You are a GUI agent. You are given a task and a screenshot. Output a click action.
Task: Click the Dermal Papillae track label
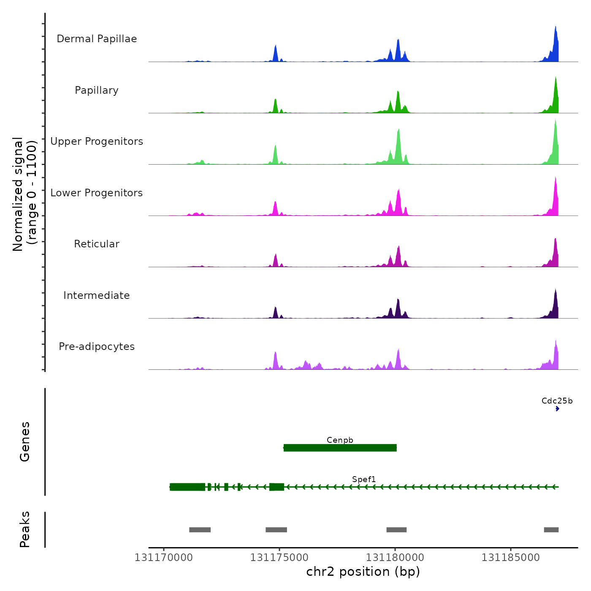click(97, 39)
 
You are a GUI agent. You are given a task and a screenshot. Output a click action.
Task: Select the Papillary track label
click(97, 90)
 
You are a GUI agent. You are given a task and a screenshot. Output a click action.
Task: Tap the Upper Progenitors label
click(97, 141)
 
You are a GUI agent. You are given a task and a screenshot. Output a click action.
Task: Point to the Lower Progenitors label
click(97, 193)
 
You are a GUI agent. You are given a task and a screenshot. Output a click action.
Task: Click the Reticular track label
click(97, 244)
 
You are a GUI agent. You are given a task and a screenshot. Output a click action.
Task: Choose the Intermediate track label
click(97, 295)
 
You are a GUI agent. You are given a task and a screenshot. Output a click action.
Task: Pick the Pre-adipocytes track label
click(97, 347)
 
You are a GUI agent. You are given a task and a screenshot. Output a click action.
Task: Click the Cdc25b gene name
click(557, 401)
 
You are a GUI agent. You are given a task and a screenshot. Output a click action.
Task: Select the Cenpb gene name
click(340, 440)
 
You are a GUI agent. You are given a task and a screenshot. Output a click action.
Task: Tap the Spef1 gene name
click(364, 479)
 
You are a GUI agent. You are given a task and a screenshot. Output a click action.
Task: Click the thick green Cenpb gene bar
click(340, 448)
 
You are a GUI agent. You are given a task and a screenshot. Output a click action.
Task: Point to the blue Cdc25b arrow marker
click(557, 409)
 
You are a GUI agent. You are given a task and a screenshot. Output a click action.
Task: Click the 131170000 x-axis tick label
click(164, 558)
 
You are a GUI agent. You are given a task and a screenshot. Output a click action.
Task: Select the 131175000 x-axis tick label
click(279, 558)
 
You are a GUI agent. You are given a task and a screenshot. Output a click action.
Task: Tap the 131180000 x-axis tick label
click(395, 558)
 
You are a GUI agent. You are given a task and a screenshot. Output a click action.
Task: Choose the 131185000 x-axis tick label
click(511, 558)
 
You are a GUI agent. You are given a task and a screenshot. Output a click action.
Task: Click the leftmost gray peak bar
click(200, 530)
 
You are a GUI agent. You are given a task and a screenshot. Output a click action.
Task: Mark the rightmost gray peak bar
click(551, 530)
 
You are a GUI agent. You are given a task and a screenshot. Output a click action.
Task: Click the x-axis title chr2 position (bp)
click(363, 572)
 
